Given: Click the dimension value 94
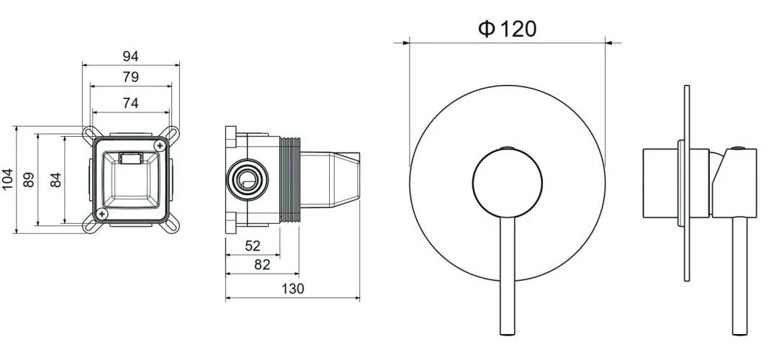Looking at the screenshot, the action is tap(130, 56).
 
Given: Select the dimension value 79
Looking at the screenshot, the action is tap(130, 77).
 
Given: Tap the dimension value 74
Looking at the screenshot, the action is tap(130, 103).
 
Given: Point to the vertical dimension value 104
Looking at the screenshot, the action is tap(7, 179).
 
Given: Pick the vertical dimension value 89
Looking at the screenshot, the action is tap(29, 180).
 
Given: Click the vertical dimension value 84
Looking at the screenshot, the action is tap(56, 180).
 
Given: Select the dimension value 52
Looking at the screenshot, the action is tap(253, 246).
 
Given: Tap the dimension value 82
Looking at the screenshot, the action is tap(262, 265).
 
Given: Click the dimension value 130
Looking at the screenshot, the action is tap(292, 289).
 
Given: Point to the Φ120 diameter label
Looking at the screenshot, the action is tap(507, 30).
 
